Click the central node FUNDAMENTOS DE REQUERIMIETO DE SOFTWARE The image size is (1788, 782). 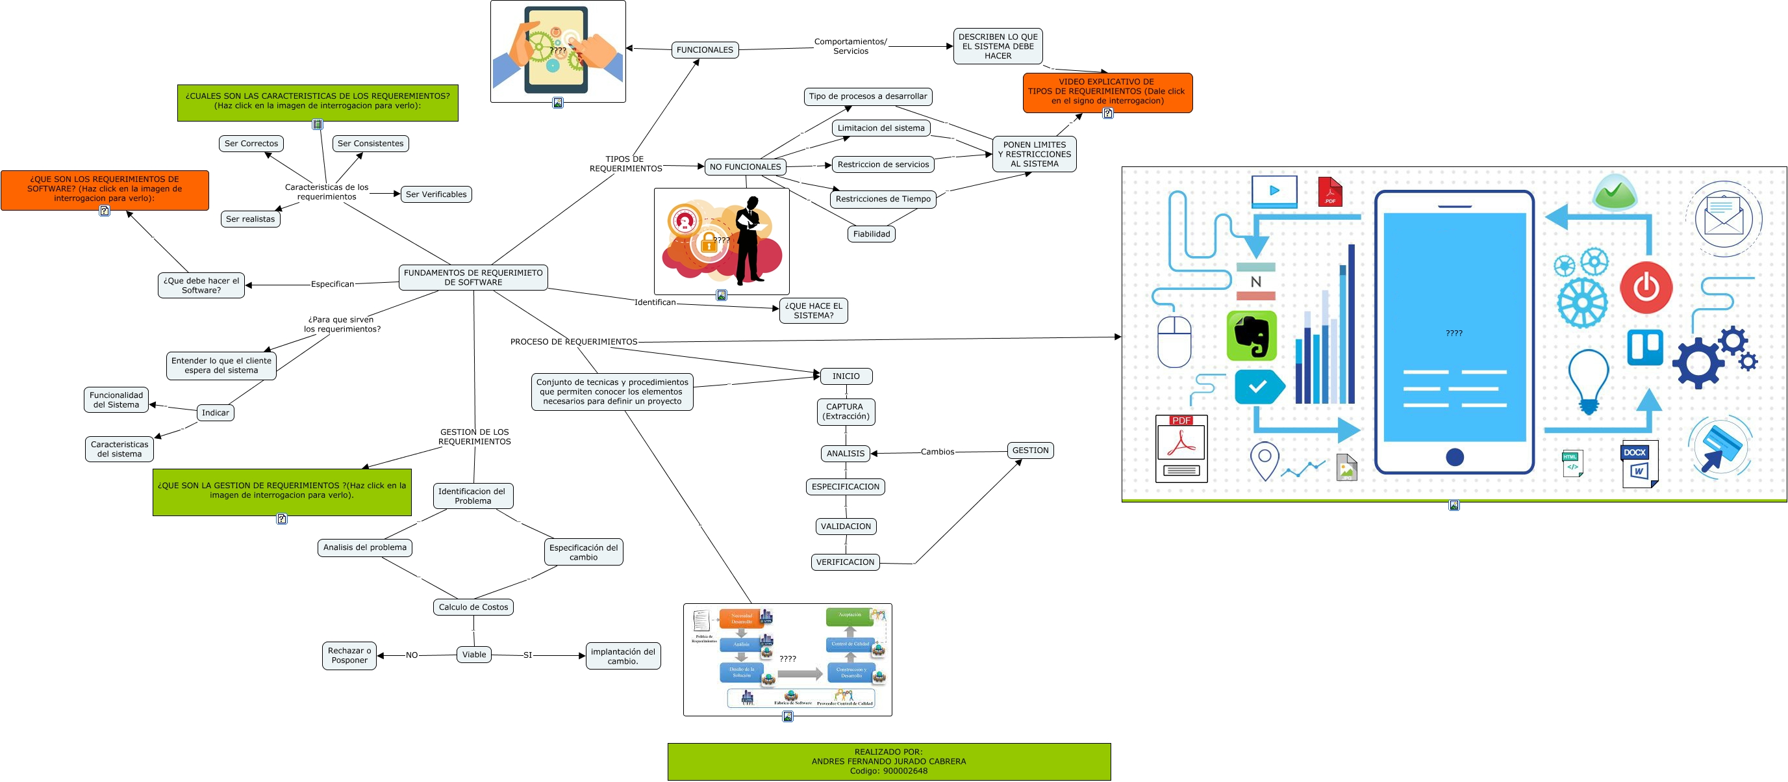coord(473,277)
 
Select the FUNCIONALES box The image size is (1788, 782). coord(704,50)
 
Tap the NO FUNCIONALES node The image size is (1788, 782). coord(745,166)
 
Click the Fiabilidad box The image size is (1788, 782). coord(871,234)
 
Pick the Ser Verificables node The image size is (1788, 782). coord(436,194)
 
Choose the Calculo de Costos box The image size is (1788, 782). coord(473,607)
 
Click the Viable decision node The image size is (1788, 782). coord(474,654)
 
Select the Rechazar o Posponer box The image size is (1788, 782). coord(349,656)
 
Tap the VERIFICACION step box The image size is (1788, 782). coord(845,562)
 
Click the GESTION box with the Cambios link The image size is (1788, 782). coord(1030,450)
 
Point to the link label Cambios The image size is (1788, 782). coord(937,452)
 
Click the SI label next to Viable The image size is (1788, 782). coord(527,655)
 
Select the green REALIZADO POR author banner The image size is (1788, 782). coord(888,761)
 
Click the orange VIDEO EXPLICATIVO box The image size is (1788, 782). coord(1107,92)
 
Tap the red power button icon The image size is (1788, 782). coord(1646,287)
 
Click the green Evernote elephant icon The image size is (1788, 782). coord(1252,336)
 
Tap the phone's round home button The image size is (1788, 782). coord(1454,457)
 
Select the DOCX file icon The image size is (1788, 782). coord(1639,463)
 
